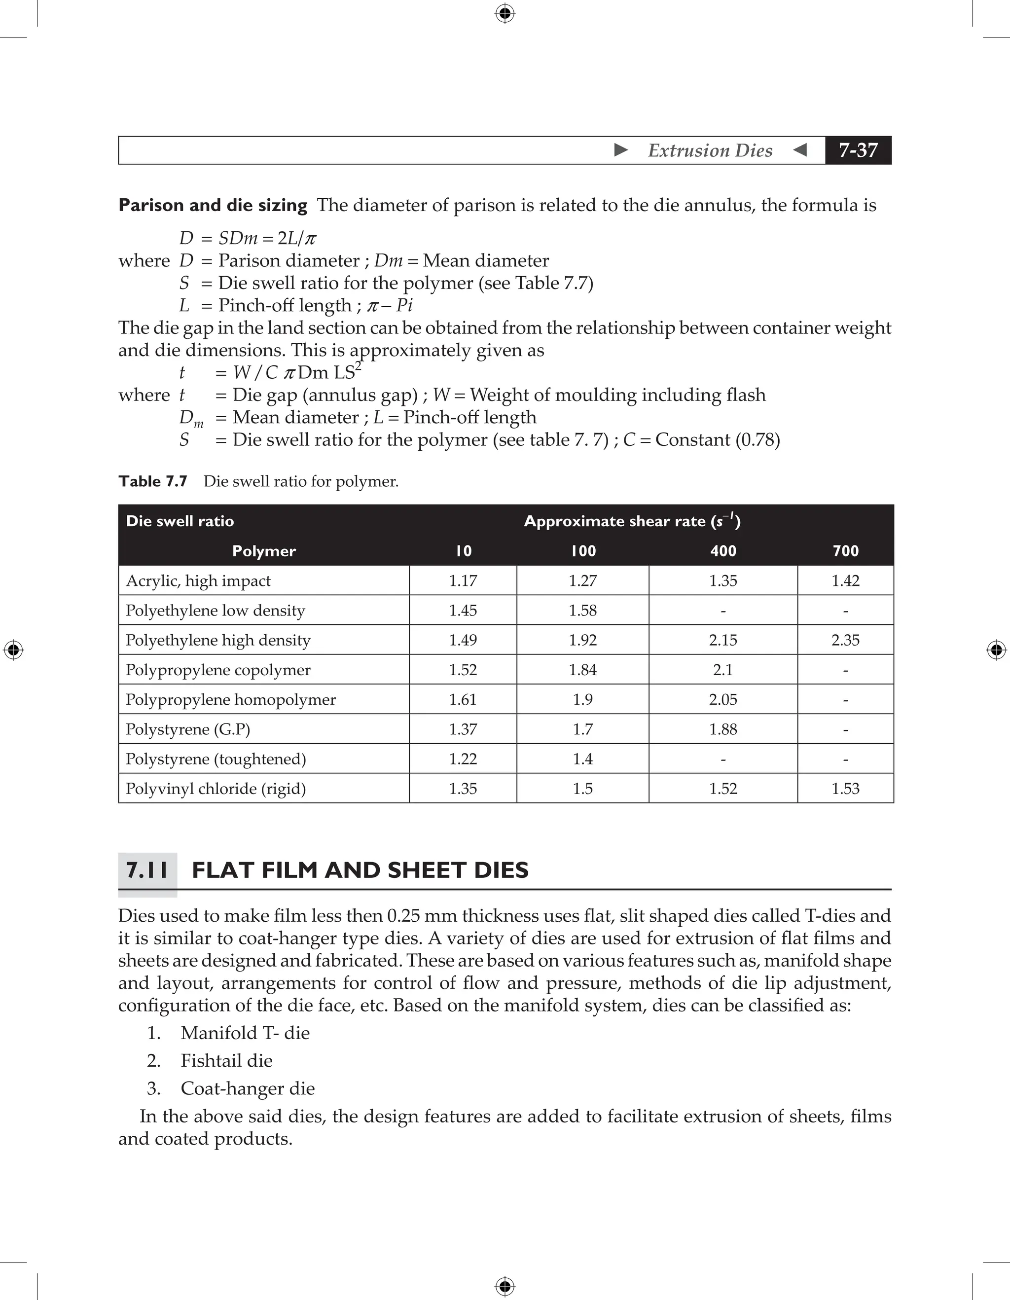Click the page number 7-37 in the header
[x=858, y=150]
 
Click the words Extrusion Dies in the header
[x=710, y=150]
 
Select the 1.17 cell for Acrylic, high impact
[x=463, y=580]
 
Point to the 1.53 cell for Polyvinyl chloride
[x=845, y=789]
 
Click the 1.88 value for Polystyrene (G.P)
[x=723, y=729]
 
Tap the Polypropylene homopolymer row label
[x=230, y=699]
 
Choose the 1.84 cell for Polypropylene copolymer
[x=582, y=670]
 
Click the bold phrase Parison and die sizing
[x=213, y=205]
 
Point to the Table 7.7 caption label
[x=152, y=481]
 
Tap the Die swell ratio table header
[x=180, y=521]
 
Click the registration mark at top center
[x=505, y=13]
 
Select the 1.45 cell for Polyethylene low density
[x=463, y=610]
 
